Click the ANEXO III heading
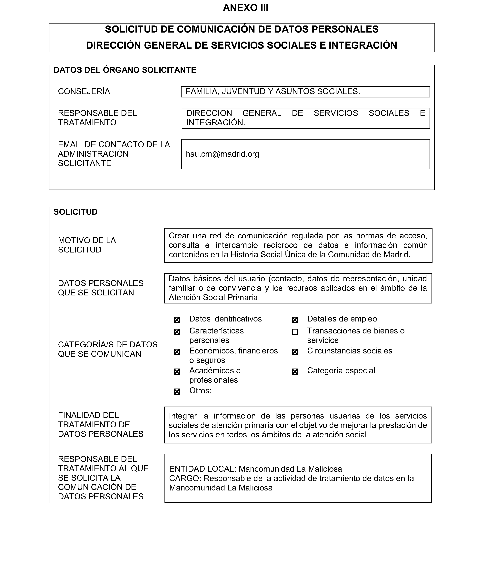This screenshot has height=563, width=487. tap(245, 8)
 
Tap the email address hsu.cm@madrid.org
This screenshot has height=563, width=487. tap(222, 154)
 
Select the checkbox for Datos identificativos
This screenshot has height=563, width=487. tap(177, 320)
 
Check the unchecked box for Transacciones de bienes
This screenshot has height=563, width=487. tap(295, 332)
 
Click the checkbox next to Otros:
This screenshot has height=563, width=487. tap(177, 391)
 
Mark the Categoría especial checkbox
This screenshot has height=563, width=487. tap(295, 372)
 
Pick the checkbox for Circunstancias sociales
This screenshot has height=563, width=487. tap(295, 352)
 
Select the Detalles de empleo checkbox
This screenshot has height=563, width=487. tap(295, 320)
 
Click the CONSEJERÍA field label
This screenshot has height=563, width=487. tap(84, 91)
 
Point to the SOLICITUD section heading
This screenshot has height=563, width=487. tap(75, 212)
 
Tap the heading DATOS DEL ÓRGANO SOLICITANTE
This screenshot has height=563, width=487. tap(125, 70)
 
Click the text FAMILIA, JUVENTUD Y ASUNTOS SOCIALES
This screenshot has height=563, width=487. tap(273, 91)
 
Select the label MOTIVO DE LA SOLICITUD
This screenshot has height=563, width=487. tap(87, 245)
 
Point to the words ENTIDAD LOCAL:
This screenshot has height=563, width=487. tap(203, 469)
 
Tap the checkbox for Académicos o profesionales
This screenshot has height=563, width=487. tap(177, 372)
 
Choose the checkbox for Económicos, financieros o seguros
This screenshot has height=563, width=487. tap(177, 352)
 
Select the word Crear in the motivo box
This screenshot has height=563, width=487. tap(179, 236)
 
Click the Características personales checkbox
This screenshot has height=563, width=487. tap(177, 332)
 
